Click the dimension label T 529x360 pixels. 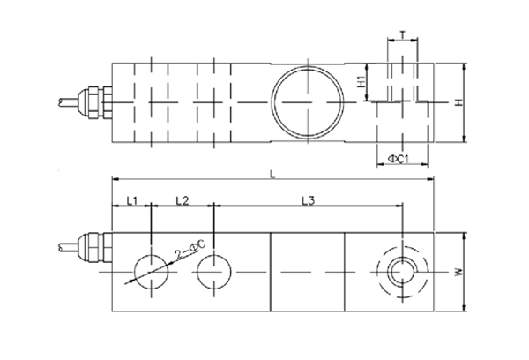pos(402,36)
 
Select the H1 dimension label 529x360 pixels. pos(361,84)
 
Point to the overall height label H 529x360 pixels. pos(458,103)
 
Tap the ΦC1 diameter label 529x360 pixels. pos(399,159)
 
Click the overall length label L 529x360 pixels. pos(272,176)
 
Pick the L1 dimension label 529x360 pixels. pos(130,201)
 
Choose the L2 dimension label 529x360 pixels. pos(183,201)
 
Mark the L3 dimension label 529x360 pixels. pos(308,201)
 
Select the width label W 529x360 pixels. pos(458,273)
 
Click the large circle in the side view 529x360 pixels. pos(304,102)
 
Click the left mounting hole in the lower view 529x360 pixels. pos(152,269)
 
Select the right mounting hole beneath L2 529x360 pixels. pos(213,269)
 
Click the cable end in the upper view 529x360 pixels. pos(63,102)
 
